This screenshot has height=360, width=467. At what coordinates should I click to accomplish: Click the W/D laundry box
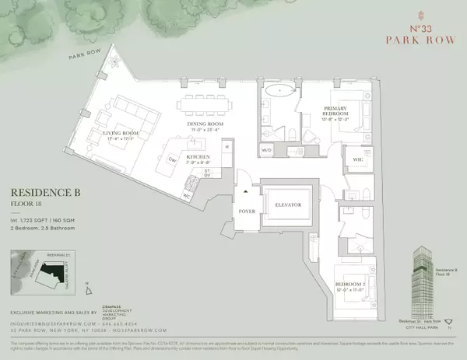pos(267,150)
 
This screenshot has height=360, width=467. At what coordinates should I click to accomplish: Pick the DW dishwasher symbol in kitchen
pos(173,158)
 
